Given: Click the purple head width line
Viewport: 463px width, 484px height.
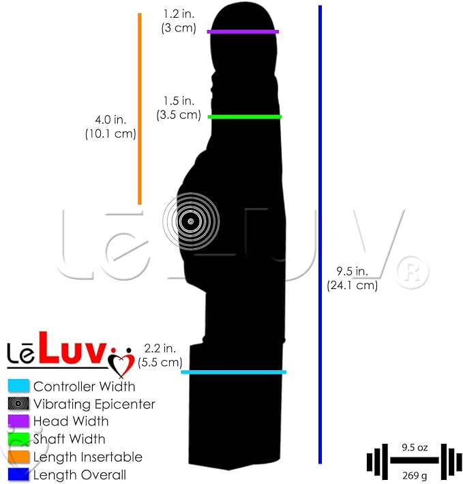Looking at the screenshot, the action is click(243, 31).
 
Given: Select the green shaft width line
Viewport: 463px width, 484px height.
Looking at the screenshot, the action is click(245, 117).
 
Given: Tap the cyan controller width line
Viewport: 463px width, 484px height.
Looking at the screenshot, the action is click(234, 372).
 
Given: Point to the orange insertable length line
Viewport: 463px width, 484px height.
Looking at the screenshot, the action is click(140, 108).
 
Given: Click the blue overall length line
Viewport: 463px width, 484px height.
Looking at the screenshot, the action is click(320, 235).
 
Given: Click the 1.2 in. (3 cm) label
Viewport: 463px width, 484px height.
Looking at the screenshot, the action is click(179, 20).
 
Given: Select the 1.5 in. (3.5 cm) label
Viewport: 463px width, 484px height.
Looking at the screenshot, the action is click(179, 108).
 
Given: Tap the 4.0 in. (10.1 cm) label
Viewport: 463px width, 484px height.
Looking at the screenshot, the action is click(110, 127).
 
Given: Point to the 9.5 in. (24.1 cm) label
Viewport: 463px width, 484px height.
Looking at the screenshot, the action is click(352, 278).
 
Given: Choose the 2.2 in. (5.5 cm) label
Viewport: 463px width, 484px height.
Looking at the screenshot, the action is click(160, 355).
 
